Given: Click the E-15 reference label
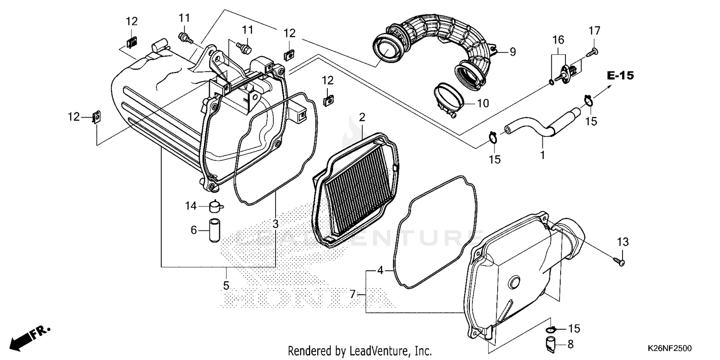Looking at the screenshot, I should click(x=620, y=75).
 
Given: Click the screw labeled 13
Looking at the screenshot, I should click(x=619, y=261).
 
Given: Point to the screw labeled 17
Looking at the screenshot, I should click(x=594, y=50).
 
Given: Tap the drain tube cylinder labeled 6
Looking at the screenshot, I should click(x=214, y=231).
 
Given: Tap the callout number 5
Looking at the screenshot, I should click(x=226, y=286).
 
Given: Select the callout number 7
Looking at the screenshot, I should click(x=353, y=294).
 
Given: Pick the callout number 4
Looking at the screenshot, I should click(x=380, y=270).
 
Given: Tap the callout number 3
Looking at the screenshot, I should click(x=275, y=224).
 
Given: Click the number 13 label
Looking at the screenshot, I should click(x=623, y=242).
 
